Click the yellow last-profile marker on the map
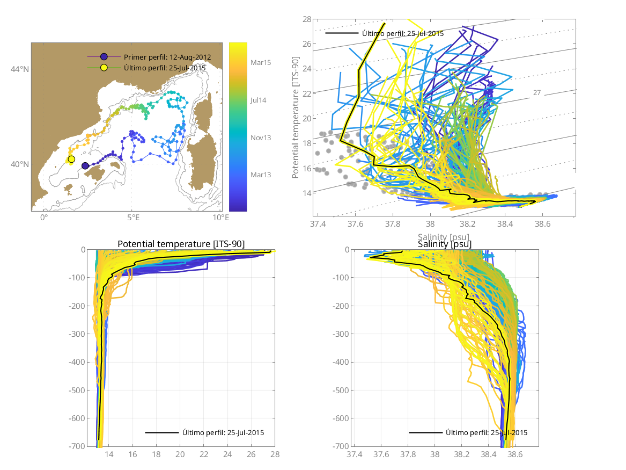tap(71, 159)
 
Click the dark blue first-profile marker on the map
tap(85, 166)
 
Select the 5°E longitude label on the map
tap(133, 218)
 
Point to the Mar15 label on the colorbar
tap(261, 63)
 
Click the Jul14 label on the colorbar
tap(259, 100)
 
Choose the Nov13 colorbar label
tap(261, 138)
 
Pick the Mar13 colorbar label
tap(261, 175)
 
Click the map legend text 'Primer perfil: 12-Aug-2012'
tap(167, 57)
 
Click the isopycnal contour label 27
tap(537, 93)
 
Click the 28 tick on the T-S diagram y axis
tap(307, 19)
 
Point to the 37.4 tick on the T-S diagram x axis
tap(318, 223)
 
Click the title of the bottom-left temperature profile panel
tap(181, 244)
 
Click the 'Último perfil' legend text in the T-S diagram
tap(403, 33)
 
